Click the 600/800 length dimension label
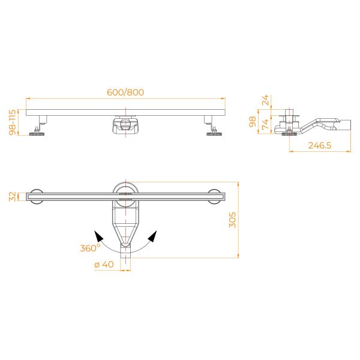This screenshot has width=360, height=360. point(125,92)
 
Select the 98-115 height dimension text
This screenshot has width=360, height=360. point(13,122)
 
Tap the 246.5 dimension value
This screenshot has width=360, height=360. point(320,146)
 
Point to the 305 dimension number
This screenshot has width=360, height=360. point(233,220)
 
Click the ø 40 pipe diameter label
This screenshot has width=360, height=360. point(104,265)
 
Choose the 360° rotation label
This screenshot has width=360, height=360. point(90,248)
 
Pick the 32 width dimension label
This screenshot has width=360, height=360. point(13,197)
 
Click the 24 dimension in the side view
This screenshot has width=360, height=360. point(265,100)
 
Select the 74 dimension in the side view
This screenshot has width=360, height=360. point(265,124)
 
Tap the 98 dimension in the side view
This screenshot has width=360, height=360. point(253,121)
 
